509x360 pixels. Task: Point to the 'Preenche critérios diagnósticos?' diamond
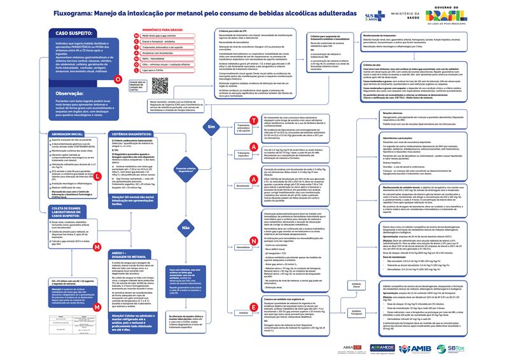click(187, 169)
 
